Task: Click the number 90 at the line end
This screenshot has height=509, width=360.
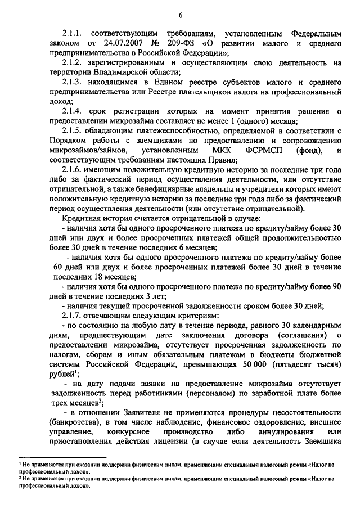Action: pos(336,286)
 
